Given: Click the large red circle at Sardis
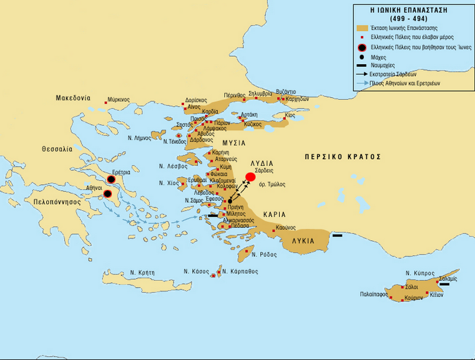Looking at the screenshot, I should pyautogui.click(x=250, y=177).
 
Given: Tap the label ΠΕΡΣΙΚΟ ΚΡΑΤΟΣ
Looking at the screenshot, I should pyautogui.click(x=342, y=157).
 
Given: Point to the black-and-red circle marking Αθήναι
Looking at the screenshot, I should pyautogui.click(x=107, y=194).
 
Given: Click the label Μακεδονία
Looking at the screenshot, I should pyautogui.click(x=73, y=99).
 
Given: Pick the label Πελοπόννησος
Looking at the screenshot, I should pyautogui.click(x=54, y=202).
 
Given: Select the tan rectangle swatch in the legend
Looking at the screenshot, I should pyautogui.click(x=363, y=28).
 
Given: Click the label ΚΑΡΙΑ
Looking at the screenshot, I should pyautogui.click(x=275, y=214).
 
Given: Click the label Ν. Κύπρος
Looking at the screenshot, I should pyautogui.click(x=420, y=273).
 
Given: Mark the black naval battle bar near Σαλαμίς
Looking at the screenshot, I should pyautogui.click(x=444, y=285).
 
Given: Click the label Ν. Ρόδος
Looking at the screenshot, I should pyautogui.click(x=263, y=254).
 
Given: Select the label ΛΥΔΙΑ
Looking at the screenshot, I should pyautogui.click(x=261, y=163).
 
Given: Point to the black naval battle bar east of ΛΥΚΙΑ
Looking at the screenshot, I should pyautogui.click(x=338, y=235).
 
